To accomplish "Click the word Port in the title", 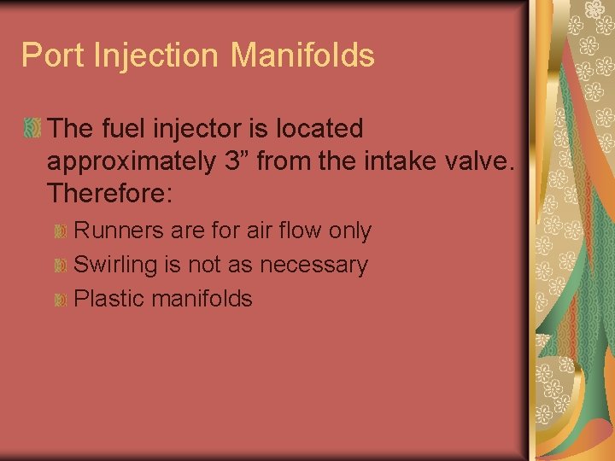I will pyautogui.click(x=49, y=55).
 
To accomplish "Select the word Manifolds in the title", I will pyautogui.click(x=303, y=55).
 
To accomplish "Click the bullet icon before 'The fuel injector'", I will pyautogui.click(x=32, y=130).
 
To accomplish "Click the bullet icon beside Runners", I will pyautogui.click(x=61, y=232).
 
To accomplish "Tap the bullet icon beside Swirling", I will pyautogui.click(x=61, y=266).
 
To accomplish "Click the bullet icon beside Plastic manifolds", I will pyautogui.click(x=61, y=300).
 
